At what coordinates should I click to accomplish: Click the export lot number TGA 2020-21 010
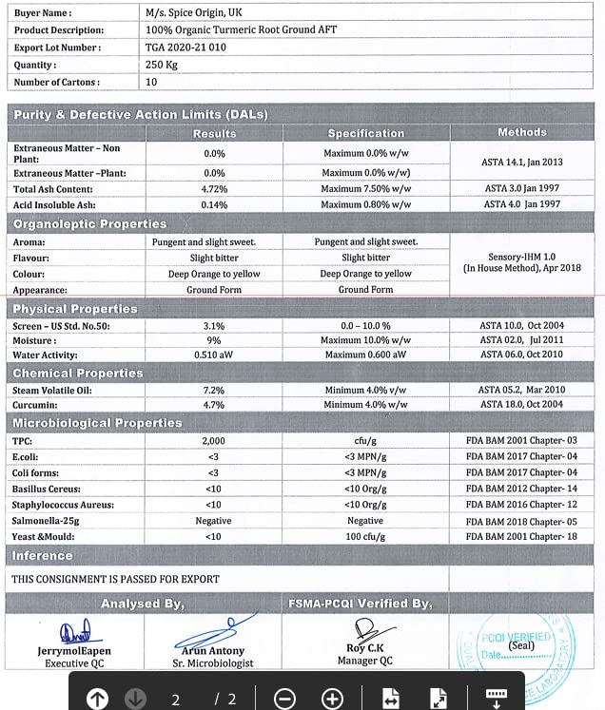pos(185,47)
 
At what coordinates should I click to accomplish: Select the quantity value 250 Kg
pos(163,65)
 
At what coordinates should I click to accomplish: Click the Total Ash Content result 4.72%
pos(214,189)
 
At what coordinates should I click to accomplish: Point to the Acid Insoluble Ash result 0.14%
pos(214,204)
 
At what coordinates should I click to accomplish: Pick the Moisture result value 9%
pos(214,339)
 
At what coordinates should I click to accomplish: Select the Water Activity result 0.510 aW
pos(214,355)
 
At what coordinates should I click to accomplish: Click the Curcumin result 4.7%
pos(214,405)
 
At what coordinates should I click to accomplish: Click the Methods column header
pos(521,132)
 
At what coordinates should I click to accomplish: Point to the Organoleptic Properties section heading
pos(89,224)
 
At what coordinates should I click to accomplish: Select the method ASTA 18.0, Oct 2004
pos(521,405)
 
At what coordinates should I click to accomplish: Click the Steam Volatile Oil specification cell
pos(365,390)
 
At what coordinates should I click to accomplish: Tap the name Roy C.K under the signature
pos(364,648)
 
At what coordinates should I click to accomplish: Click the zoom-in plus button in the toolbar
pos(332,699)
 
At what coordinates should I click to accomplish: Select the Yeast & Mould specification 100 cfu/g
pos(365,537)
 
